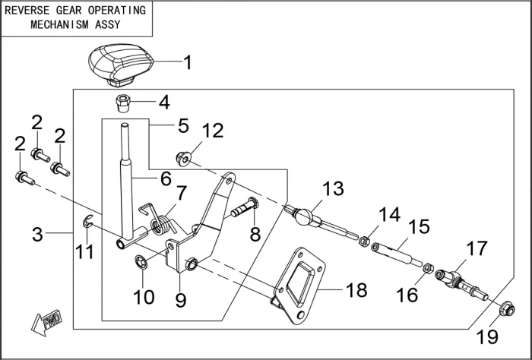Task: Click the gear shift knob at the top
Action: (x=115, y=65)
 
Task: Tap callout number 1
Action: (x=188, y=62)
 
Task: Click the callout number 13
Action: (x=333, y=188)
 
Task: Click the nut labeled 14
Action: (x=364, y=242)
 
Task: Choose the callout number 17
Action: (x=477, y=248)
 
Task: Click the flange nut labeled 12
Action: (x=182, y=159)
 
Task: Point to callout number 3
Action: (x=37, y=234)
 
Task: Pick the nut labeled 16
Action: (x=428, y=269)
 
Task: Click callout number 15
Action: (x=419, y=226)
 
